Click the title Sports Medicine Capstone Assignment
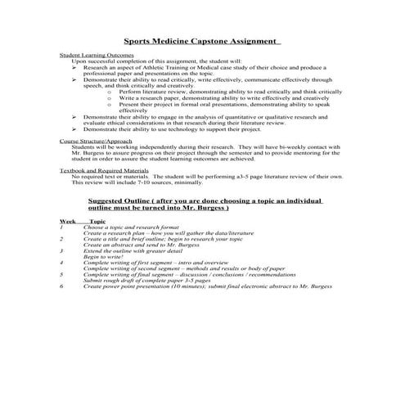point(201,39)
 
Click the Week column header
point(68,222)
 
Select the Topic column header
point(97,222)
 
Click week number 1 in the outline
point(61,227)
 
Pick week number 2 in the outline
point(61,239)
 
